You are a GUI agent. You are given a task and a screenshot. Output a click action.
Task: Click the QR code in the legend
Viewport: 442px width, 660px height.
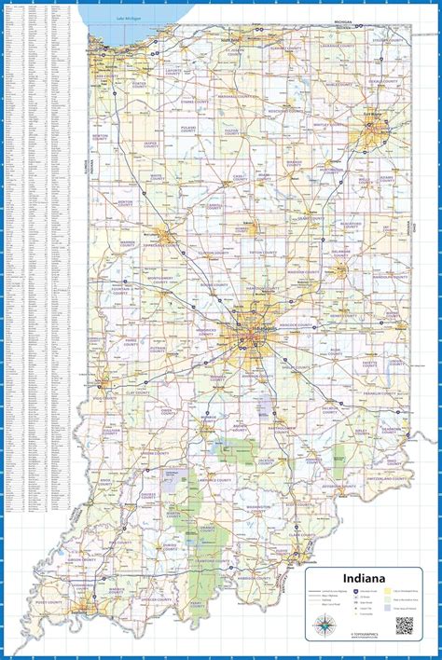click(404, 626)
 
